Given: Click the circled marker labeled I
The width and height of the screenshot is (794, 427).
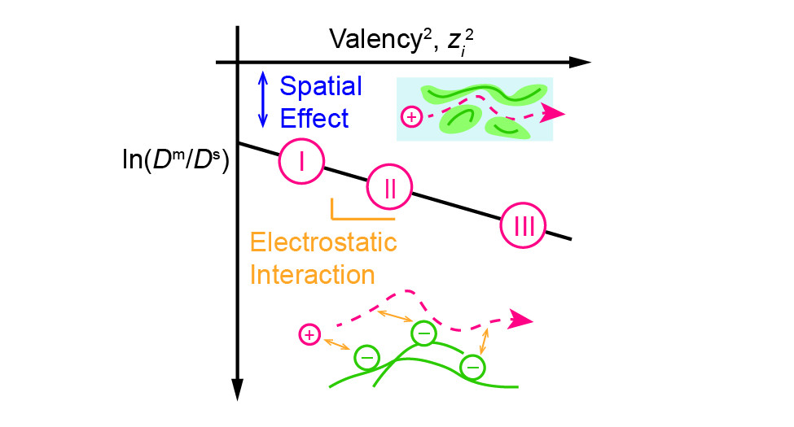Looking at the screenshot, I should [301, 161].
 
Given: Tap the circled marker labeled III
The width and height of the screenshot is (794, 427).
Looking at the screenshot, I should [524, 226].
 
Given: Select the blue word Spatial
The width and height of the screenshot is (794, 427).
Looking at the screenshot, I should [321, 85].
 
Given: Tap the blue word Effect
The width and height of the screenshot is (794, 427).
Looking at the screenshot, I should [314, 119].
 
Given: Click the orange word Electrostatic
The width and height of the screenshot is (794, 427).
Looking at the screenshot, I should [323, 242].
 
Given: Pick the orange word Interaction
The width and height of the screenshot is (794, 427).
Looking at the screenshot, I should [312, 274].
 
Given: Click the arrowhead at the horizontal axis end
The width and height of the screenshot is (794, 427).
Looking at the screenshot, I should [579, 62].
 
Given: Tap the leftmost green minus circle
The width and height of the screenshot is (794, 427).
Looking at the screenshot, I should [366, 357].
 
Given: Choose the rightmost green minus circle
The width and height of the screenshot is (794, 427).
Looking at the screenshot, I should [472, 368].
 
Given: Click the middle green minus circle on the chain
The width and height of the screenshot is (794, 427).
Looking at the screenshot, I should [423, 332].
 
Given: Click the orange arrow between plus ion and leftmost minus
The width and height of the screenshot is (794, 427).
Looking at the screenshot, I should [337, 346].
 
